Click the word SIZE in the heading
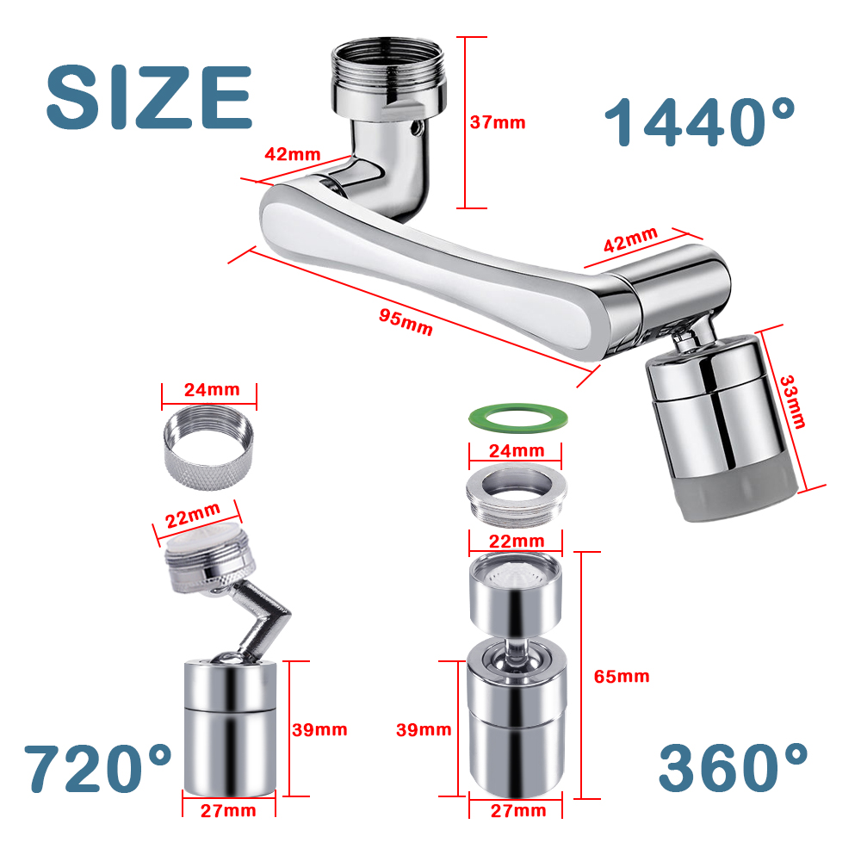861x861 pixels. [x=149, y=98]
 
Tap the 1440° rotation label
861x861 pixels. [x=699, y=122]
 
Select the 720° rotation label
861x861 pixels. [x=98, y=768]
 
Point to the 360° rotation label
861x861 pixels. [x=733, y=767]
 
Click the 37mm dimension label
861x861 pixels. [x=498, y=122]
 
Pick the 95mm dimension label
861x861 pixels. [x=406, y=322]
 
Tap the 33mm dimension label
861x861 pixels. [x=793, y=401]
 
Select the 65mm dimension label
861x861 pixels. [x=622, y=676]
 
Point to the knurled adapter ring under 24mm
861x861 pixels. [x=208, y=448]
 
